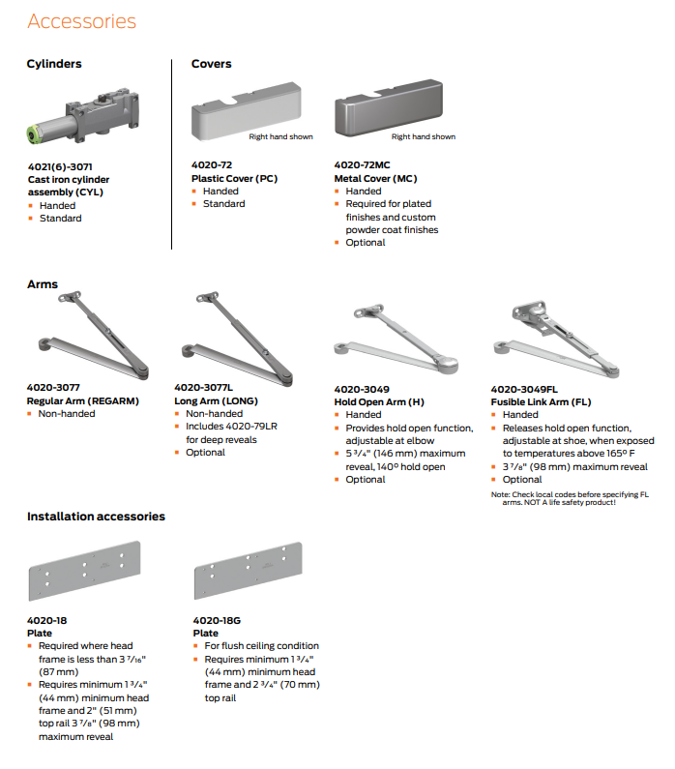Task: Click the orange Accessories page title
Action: click(82, 21)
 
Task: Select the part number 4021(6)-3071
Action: click(60, 166)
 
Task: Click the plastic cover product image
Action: click(246, 111)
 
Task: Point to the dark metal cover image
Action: click(389, 107)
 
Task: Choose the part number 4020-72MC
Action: click(363, 164)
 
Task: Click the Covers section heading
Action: click(211, 64)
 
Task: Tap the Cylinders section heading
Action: click(54, 64)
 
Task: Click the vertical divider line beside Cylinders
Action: click(171, 155)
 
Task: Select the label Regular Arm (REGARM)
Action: click(83, 400)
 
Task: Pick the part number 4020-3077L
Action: click(203, 388)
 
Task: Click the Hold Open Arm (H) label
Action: click(379, 401)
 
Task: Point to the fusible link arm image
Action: click(556, 339)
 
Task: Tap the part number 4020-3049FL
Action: click(524, 390)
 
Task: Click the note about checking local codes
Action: click(570, 498)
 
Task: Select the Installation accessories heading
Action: click(96, 517)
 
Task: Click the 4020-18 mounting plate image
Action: click(85, 571)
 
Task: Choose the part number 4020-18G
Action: click(217, 620)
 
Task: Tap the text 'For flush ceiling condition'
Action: click(262, 646)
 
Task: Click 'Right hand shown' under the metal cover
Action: click(424, 136)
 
